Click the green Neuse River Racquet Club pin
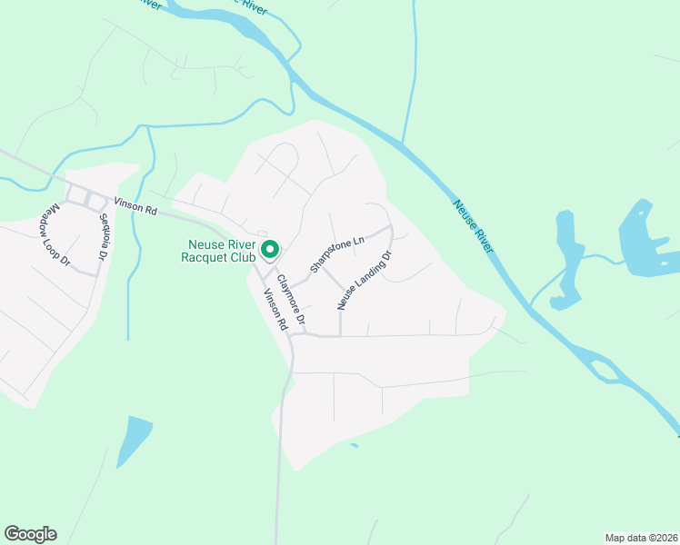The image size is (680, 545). (270, 248)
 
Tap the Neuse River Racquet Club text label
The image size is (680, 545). (223, 252)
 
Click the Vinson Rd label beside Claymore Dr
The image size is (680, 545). (275, 310)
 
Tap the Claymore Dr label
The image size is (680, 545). (292, 301)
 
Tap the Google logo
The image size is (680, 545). (30, 534)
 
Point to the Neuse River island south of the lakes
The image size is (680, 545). (602, 371)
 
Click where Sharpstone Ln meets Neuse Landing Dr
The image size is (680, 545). (391, 227)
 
